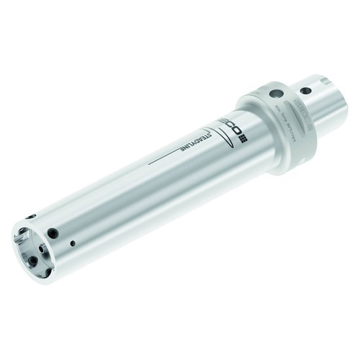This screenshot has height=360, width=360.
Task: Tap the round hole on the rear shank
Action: click(306, 91)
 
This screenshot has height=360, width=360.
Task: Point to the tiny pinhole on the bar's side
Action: click(72, 243)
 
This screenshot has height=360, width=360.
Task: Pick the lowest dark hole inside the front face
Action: click(42, 271)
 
